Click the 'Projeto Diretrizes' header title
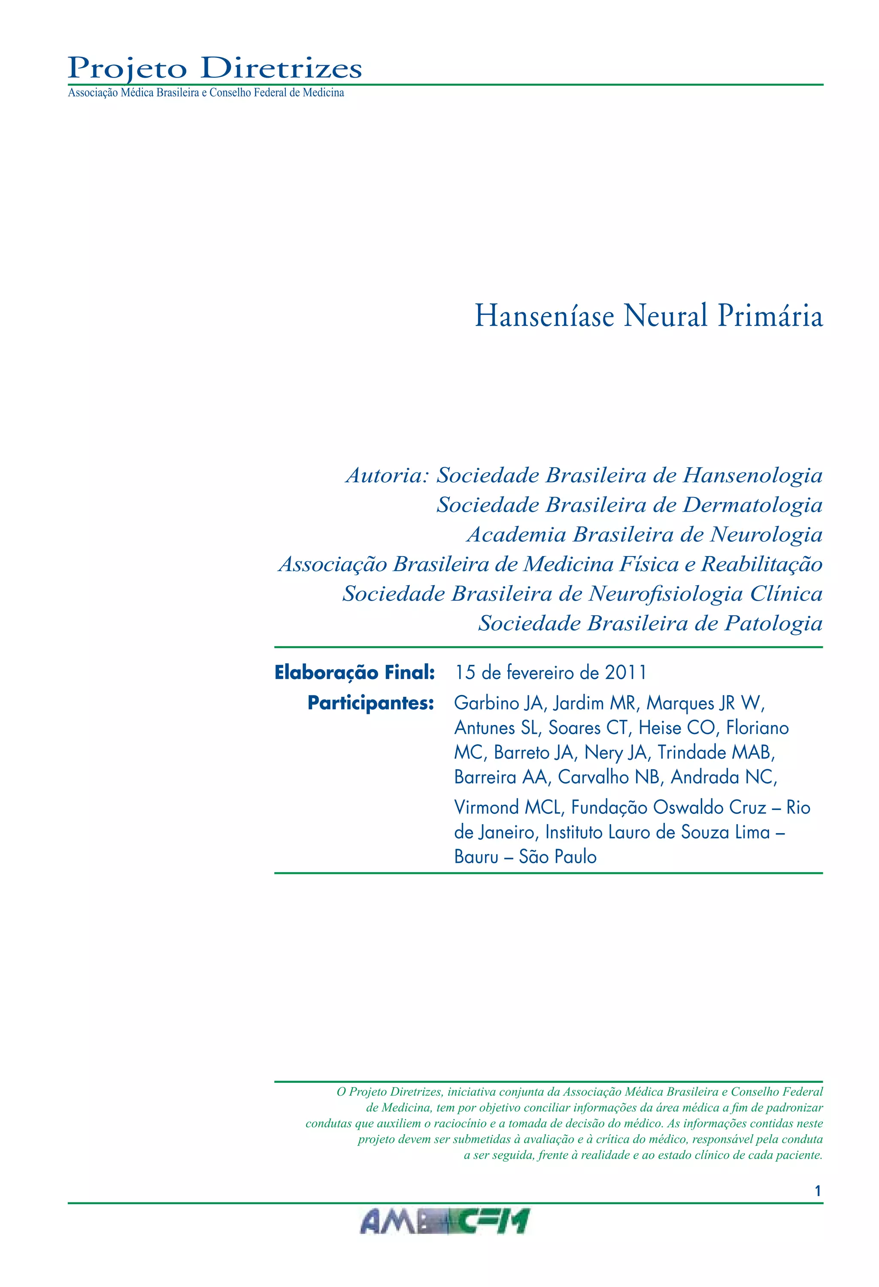click(x=215, y=69)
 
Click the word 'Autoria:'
click(x=387, y=476)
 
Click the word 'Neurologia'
click(x=767, y=535)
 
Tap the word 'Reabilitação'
click(x=761, y=564)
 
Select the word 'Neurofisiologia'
click(x=666, y=594)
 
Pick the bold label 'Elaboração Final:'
click(x=355, y=673)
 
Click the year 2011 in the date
click(x=625, y=673)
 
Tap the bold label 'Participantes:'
click(x=370, y=703)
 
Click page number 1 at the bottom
click(x=818, y=1190)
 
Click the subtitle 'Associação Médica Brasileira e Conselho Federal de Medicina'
click(x=206, y=93)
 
